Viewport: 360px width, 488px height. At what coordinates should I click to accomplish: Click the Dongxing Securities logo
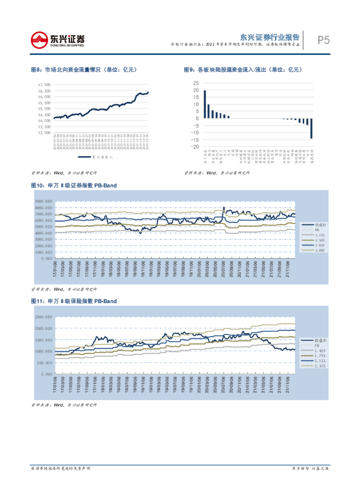[x=57, y=40]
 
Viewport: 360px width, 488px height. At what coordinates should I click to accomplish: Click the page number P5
[x=324, y=41]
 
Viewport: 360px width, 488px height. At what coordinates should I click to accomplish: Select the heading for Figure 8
[x=84, y=70]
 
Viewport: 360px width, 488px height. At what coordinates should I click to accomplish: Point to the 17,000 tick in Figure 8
[x=44, y=84]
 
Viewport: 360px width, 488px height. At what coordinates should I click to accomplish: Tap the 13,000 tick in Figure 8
[x=44, y=133]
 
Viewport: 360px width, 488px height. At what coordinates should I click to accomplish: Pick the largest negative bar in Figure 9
[x=311, y=128]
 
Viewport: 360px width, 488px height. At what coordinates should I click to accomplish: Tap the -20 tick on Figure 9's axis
[x=195, y=147]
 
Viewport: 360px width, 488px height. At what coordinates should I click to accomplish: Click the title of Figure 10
[x=73, y=185]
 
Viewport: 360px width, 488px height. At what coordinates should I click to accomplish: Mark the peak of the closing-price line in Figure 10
[x=224, y=208]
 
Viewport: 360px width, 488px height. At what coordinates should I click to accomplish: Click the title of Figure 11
[x=73, y=301]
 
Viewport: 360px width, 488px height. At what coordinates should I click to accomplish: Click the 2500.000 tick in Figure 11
[x=43, y=317]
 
